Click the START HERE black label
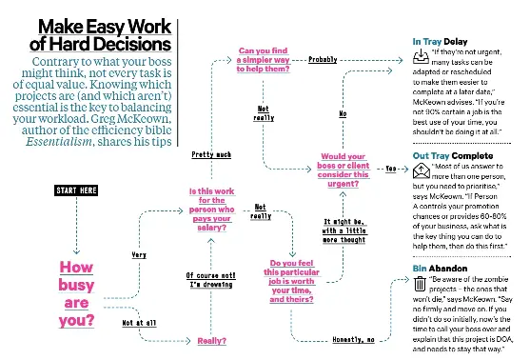click(76, 190)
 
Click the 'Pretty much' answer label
click(211, 153)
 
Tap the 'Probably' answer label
click(325, 59)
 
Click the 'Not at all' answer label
click(142, 322)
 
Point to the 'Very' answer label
click(140, 254)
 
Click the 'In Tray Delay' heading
click(442, 43)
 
